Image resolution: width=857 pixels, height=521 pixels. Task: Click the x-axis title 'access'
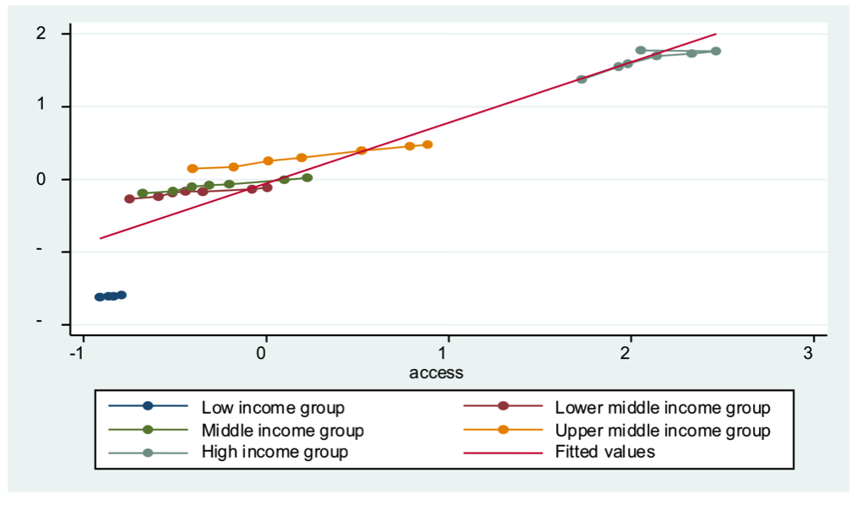point(435,372)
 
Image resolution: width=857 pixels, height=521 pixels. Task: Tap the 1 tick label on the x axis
point(448,352)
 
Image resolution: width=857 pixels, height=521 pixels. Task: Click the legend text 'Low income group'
point(272,408)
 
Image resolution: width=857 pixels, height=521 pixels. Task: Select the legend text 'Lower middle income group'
point(662,408)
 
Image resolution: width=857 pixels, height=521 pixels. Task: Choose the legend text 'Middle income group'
point(282,431)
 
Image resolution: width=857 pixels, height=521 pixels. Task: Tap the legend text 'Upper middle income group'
point(662,431)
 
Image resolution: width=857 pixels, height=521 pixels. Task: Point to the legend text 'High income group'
point(274,452)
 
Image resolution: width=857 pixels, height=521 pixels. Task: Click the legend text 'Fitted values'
point(604,452)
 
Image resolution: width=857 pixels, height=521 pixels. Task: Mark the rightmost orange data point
point(428,144)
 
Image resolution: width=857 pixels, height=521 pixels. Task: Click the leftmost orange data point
point(193,169)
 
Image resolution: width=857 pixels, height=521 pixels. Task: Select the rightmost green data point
point(308,177)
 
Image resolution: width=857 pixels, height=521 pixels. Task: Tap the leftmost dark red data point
point(129,199)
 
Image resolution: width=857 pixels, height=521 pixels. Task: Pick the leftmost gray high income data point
point(581,79)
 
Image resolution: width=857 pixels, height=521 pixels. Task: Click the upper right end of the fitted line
point(716,34)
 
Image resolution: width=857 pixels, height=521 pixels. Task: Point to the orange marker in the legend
point(502,431)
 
